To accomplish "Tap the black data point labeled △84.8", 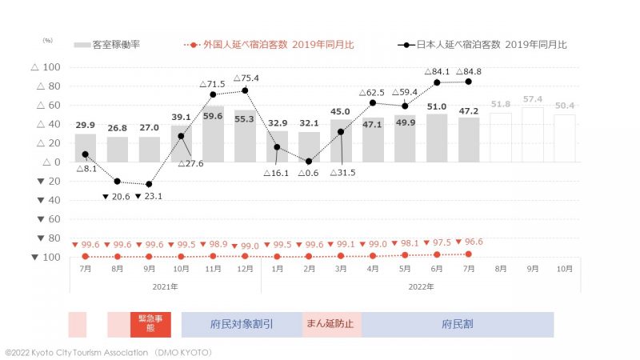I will coord(469,82).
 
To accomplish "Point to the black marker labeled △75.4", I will coord(245,90).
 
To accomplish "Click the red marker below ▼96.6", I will coord(469,254).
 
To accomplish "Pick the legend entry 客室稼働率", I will coord(107,45).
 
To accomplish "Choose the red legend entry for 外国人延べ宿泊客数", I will coord(268,45).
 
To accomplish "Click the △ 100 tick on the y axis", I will coord(46,67).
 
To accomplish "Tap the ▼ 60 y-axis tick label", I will coord(46,219).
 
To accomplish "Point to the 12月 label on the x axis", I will coord(245,269).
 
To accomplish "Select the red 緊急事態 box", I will coord(150,324).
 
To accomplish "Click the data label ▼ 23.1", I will coord(150,197).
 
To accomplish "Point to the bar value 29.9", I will coord(86,125).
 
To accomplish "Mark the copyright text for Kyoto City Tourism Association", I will coord(108,352).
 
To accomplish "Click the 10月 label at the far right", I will coord(564,269).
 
